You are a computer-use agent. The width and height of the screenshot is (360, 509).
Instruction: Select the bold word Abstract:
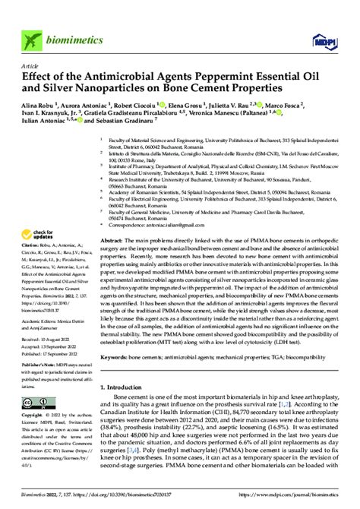112,239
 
